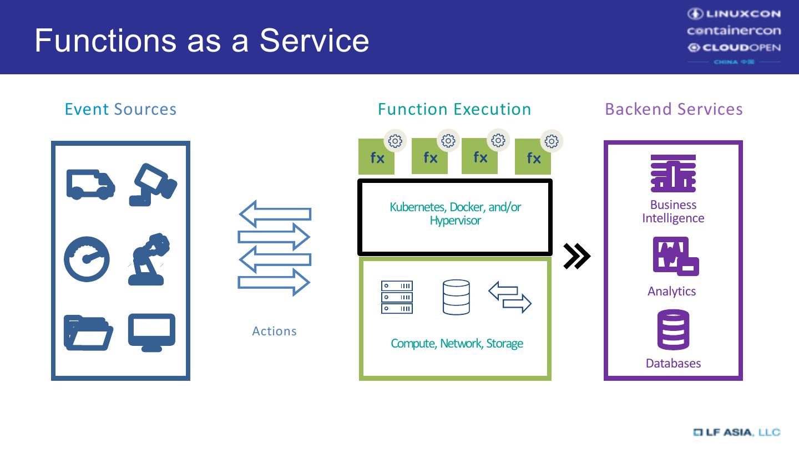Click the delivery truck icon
(90, 184)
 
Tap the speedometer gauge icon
(87, 259)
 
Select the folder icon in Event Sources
(88, 333)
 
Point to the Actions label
(274, 331)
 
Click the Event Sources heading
(120, 109)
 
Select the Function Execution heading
(454, 109)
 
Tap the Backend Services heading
(674, 109)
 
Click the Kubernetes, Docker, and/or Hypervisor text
(455, 213)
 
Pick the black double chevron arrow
(577, 256)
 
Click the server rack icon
(397, 297)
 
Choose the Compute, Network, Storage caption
(457, 344)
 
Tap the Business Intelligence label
(673, 211)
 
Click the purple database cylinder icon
(673, 330)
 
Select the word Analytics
(671, 291)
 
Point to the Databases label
(673, 363)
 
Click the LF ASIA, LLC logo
(736, 432)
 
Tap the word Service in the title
(314, 40)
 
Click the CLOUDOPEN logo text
(734, 48)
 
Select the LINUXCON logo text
(734, 13)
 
